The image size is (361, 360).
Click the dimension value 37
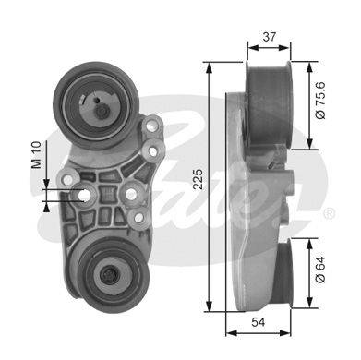point(269,37)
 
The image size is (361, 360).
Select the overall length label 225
point(199,179)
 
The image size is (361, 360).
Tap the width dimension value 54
point(258,322)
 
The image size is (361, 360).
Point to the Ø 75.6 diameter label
point(320,101)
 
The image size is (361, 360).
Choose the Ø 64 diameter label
point(320,270)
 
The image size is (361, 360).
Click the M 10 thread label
point(36,155)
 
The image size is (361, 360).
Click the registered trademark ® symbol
point(329,213)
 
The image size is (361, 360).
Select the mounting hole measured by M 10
point(83,195)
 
